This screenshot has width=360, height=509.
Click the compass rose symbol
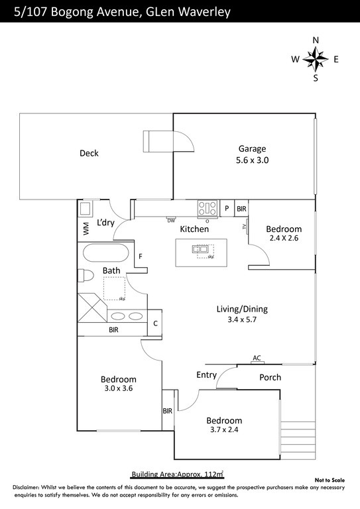(x=315, y=60)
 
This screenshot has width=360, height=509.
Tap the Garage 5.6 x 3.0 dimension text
(x=253, y=160)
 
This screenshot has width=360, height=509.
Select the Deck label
(x=89, y=153)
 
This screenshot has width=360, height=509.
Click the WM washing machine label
(x=86, y=229)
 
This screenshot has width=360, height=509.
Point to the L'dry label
(x=106, y=223)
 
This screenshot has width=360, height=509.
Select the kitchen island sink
(x=200, y=249)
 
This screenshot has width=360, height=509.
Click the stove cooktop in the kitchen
(x=207, y=208)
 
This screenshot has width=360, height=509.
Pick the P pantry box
(x=227, y=208)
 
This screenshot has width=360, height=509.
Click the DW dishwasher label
(x=171, y=220)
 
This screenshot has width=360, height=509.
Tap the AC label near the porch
(x=257, y=358)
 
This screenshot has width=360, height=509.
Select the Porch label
(x=270, y=377)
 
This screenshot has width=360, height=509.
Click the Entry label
(x=206, y=375)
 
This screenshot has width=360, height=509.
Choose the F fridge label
(x=140, y=256)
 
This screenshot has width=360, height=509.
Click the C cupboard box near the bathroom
(x=154, y=323)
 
